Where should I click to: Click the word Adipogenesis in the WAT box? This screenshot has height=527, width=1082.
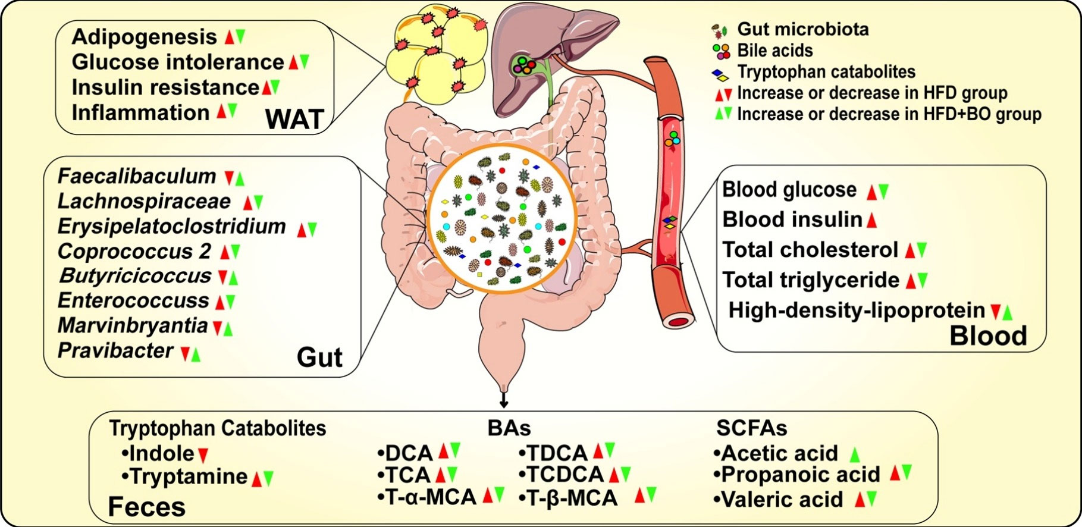(144, 37)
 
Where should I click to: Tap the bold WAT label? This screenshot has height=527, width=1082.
(295, 119)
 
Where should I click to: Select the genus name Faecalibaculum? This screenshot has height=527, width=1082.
(137, 177)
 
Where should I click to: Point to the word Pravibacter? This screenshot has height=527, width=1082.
(115, 351)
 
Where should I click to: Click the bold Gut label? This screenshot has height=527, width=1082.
(319, 357)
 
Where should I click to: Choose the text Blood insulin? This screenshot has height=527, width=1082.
(792, 220)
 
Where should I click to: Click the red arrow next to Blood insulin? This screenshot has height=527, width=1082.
(872, 221)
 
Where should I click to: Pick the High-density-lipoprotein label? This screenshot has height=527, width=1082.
(857, 310)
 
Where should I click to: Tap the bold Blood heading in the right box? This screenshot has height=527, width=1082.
(988, 335)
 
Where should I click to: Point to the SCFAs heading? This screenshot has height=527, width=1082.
(751, 428)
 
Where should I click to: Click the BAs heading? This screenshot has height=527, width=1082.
(509, 428)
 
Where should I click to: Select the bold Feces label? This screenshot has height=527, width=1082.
(147, 507)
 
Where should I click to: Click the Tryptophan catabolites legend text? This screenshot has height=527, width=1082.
(826, 72)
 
